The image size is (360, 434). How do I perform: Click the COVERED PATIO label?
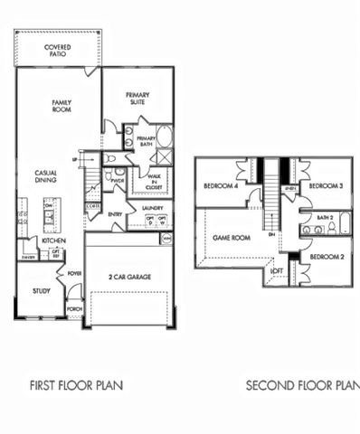click(58, 51)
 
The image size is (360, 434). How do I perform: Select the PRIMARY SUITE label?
click(137, 100)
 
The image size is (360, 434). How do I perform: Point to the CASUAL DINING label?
click(47, 177)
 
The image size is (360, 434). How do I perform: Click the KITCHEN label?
click(54, 241)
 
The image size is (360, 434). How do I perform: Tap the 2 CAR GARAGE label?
click(129, 276)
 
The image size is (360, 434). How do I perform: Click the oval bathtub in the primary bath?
click(165, 138)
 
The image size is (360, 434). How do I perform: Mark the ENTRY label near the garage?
click(116, 214)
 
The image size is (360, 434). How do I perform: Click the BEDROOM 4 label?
click(222, 186)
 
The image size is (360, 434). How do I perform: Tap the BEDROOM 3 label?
click(325, 186)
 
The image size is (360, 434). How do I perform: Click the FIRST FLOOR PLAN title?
click(77, 384)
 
